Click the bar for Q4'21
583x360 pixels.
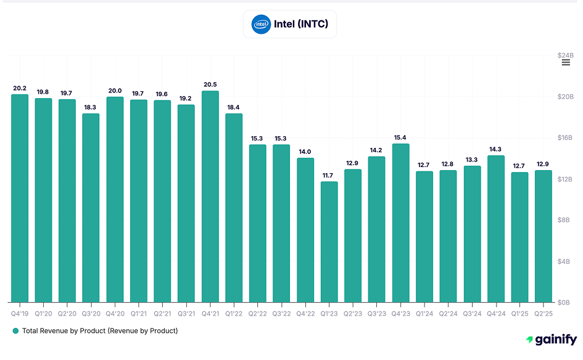click(210, 197)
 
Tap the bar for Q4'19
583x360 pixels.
click(20, 198)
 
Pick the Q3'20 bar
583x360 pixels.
click(91, 208)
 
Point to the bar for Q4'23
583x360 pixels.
click(400, 223)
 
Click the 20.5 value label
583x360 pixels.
click(210, 84)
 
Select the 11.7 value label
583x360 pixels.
click(329, 175)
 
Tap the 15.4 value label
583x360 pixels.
click(400, 137)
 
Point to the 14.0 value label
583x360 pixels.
click(305, 152)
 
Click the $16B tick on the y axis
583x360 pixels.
click(566, 138)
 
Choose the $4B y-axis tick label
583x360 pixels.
click(566, 261)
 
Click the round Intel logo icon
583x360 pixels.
click(261, 24)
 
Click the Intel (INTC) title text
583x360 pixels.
click(301, 25)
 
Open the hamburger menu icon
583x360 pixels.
click(566, 62)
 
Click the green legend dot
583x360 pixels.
click(15, 331)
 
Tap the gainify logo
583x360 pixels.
click(551, 340)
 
